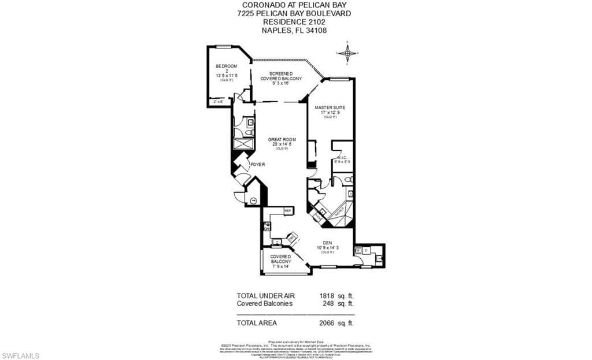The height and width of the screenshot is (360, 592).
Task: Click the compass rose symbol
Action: [x=347, y=53]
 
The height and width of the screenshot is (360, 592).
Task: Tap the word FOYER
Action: [x=257, y=165]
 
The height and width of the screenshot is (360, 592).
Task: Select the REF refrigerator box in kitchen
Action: [x=288, y=211]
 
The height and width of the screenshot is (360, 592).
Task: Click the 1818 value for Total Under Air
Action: [x=327, y=295]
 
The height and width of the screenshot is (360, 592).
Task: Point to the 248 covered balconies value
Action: [x=329, y=303]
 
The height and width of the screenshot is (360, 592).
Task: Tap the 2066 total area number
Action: [x=327, y=323]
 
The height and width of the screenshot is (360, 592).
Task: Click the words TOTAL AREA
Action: [x=257, y=323]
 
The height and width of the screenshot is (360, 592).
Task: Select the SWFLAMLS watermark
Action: [x=20, y=354]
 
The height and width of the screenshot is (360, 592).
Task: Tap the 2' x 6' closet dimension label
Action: [x=219, y=102]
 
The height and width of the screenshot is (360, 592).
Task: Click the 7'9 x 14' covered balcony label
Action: [x=280, y=266]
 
